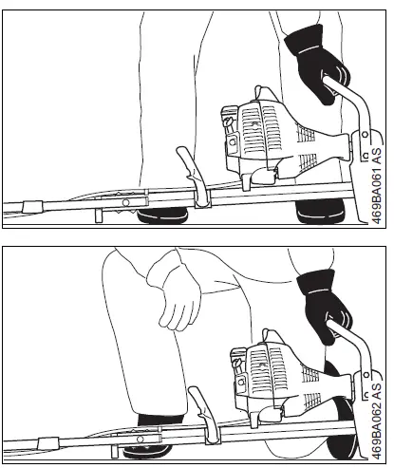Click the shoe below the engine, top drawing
point(318,215)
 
